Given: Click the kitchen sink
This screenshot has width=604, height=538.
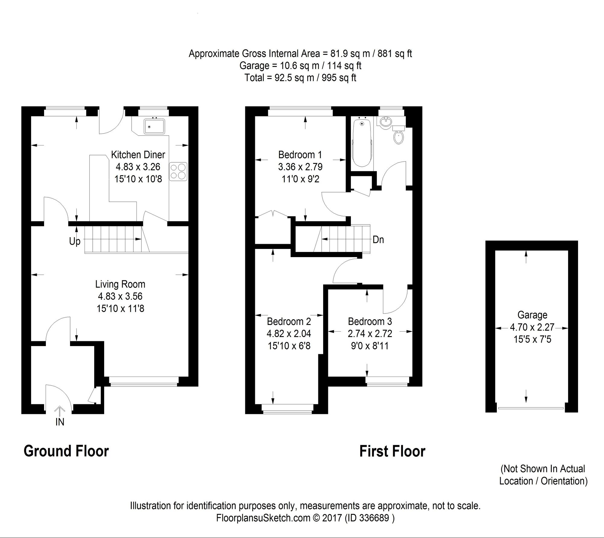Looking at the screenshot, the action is point(154,126).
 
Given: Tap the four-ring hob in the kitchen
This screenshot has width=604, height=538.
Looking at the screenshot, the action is point(178,171).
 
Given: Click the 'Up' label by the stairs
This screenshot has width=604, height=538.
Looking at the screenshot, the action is point(75,241).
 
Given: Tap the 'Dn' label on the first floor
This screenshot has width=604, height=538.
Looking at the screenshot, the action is point(378,240).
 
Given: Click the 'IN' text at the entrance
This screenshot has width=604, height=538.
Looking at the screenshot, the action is point(60,422).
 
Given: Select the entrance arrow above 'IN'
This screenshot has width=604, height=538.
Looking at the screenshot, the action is point(60,410).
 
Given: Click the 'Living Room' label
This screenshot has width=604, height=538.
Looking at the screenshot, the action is point(120,284).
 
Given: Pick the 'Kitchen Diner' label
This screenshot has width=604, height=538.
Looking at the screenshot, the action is point(138,155).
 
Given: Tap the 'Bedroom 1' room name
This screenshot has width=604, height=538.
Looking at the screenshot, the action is point(300,155).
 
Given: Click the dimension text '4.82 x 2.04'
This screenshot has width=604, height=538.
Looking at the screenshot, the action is point(289,334).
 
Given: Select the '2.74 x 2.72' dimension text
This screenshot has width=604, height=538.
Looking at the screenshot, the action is point(370,334).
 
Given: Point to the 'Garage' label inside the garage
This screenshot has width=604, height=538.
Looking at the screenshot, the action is point(532,315).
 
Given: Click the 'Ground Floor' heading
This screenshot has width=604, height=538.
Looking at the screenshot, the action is point(66,451).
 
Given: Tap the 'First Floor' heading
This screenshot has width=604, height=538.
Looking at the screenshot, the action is point(392,452).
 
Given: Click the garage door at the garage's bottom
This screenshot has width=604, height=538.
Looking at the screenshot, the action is point(531,408).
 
